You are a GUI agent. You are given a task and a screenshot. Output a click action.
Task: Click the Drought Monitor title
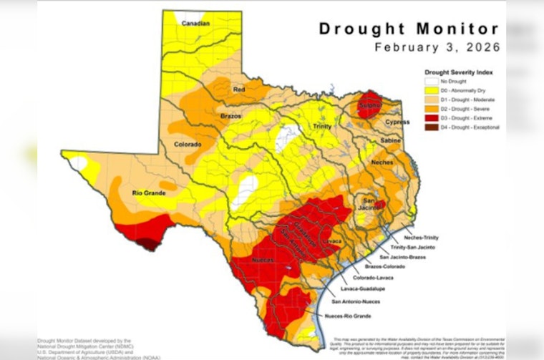pos(408,29)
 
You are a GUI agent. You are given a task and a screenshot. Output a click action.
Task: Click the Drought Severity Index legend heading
pos(458,72)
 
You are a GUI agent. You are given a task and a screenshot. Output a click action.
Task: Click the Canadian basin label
pos(195,24)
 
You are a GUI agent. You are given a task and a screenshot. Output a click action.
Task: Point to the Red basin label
pos(240,89)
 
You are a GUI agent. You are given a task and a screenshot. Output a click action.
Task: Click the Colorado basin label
pos(187,144)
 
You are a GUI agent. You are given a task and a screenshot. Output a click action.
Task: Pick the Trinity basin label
pos(322,126)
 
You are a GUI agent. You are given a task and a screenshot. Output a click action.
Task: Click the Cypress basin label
pos(397,122)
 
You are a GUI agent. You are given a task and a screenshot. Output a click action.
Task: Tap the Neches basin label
pos(383,162)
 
